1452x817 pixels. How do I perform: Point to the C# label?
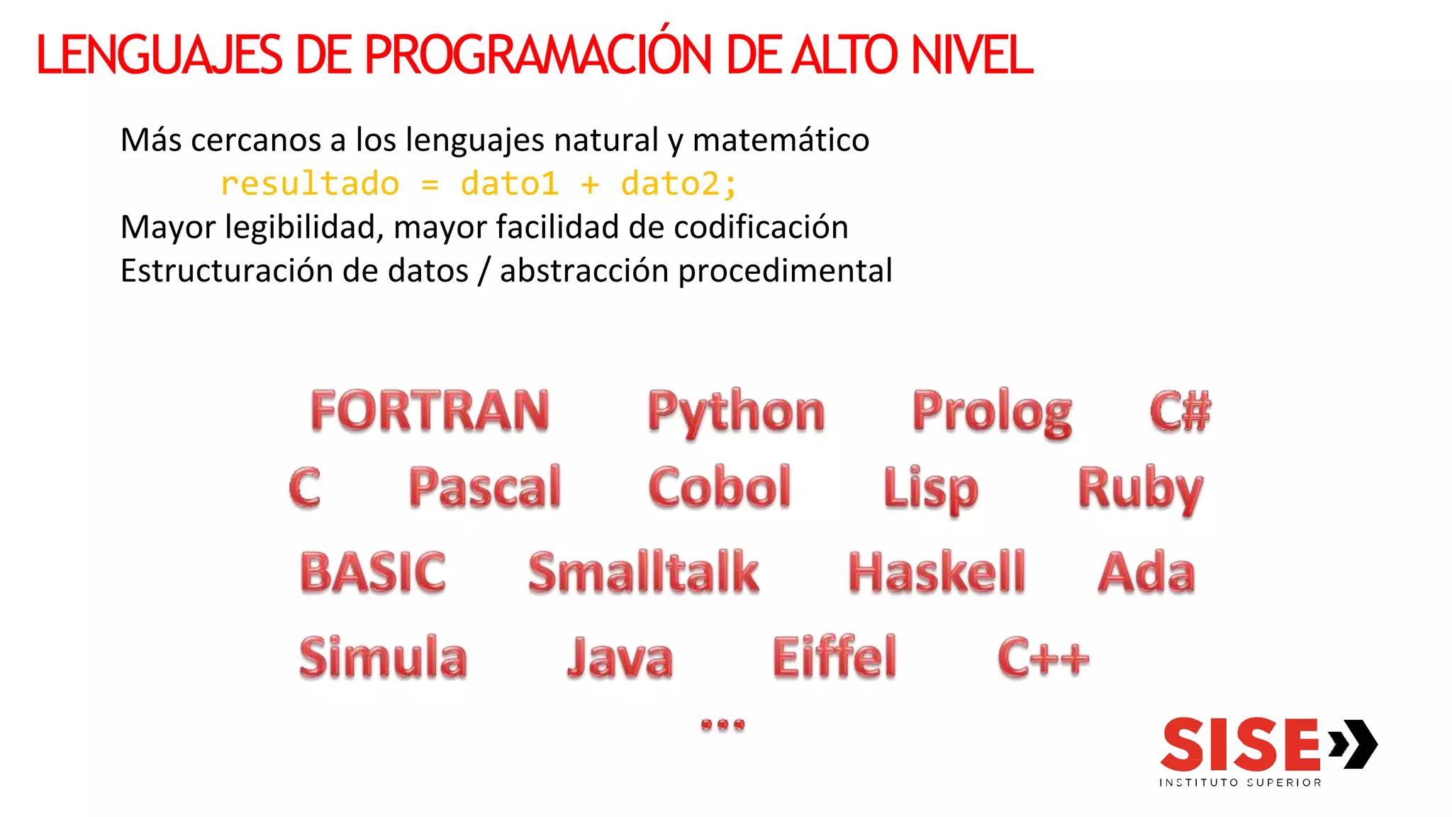coord(1180,411)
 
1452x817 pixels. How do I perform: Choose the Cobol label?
coord(719,487)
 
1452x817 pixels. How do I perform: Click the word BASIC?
coord(373,572)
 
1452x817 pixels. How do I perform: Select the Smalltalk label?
coord(643,572)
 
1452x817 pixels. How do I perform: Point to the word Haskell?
coord(937,572)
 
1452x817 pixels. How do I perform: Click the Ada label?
coord(1146,572)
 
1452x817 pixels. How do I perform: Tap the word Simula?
coord(383,657)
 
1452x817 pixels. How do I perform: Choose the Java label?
coord(619,657)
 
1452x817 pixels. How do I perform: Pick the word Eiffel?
coord(834,657)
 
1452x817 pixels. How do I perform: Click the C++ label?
coord(1042,657)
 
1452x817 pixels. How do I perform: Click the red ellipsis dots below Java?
coord(722,724)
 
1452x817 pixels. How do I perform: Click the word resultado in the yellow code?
coord(310,184)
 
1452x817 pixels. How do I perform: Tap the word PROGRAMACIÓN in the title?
coord(537,54)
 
